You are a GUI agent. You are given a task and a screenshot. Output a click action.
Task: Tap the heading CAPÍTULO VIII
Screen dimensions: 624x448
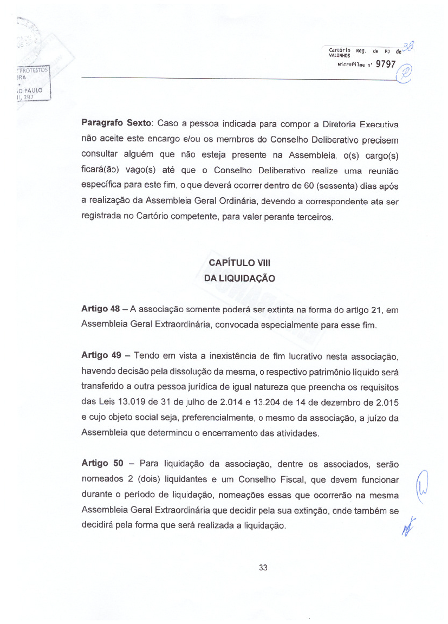(239, 263)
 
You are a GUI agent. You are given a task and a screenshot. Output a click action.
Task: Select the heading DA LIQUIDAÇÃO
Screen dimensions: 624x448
(239, 278)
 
